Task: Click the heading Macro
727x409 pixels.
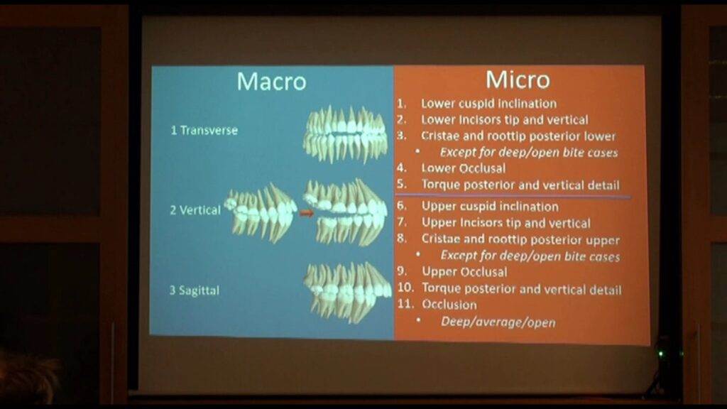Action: pyautogui.click(x=271, y=82)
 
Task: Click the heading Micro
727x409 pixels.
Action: pyautogui.click(x=518, y=80)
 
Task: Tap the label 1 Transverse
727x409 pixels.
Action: pyautogui.click(x=204, y=131)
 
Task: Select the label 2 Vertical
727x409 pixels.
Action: pyautogui.click(x=195, y=210)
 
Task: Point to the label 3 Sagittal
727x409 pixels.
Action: pyautogui.click(x=195, y=290)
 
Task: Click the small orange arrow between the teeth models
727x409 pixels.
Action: pyautogui.click(x=306, y=213)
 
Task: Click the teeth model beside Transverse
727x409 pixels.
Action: pyautogui.click(x=346, y=134)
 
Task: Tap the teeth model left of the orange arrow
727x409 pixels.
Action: pyautogui.click(x=261, y=212)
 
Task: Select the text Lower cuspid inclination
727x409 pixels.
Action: pyautogui.click(x=488, y=104)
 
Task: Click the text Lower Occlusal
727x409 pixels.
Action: pyautogui.click(x=463, y=168)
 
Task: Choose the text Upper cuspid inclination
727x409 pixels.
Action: pyautogui.click(x=490, y=207)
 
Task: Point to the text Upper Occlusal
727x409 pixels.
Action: pyautogui.click(x=464, y=272)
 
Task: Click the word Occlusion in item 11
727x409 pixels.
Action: pyautogui.click(x=449, y=305)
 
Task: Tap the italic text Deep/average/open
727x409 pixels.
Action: pyautogui.click(x=498, y=322)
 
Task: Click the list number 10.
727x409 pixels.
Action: pyautogui.click(x=405, y=288)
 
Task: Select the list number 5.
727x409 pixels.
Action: pyautogui.click(x=402, y=184)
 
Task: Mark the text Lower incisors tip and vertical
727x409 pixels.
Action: pyautogui.click(x=505, y=119)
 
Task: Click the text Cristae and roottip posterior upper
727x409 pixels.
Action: pyautogui.click(x=520, y=239)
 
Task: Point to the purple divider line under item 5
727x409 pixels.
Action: pyautogui.click(x=513, y=195)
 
